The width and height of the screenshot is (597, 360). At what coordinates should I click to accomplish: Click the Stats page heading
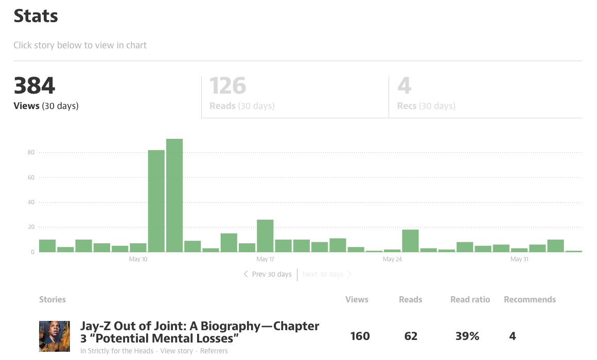tap(36, 16)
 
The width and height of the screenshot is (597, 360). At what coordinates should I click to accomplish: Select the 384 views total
tap(34, 85)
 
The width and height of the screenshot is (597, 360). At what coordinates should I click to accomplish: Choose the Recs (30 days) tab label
tap(426, 106)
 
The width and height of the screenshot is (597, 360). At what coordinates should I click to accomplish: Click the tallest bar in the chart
tap(174, 195)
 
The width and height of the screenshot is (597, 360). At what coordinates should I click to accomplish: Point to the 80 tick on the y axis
tap(31, 152)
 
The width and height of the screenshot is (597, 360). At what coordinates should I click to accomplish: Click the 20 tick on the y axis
tap(31, 227)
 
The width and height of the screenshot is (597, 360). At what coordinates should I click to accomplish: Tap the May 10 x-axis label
tap(138, 259)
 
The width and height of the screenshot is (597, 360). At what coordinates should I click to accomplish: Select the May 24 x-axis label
tap(392, 259)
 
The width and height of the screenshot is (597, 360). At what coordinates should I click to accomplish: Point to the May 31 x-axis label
tap(519, 259)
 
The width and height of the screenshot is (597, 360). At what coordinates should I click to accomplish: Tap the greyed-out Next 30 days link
tap(327, 274)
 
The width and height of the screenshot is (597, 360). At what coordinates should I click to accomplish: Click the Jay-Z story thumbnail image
tap(55, 336)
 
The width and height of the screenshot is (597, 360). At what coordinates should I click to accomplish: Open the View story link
tap(177, 351)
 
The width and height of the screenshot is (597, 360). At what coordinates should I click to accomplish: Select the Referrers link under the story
tap(214, 351)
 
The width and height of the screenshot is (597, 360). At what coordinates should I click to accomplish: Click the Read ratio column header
tap(470, 299)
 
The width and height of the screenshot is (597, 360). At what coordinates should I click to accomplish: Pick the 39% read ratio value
tap(467, 336)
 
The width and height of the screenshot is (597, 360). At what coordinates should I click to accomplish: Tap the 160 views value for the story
tap(360, 336)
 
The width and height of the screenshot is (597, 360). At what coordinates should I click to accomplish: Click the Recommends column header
tap(530, 299)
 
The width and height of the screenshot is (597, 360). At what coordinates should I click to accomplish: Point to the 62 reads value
tap(411, 336)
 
